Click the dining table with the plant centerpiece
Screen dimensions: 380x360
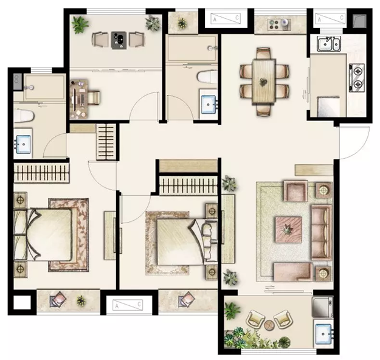(263, 81)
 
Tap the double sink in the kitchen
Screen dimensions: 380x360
(330, 44)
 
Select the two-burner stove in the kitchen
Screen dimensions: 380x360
(356, 78)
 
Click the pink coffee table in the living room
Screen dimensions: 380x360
(288, 229)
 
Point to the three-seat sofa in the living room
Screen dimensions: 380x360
(322, 232)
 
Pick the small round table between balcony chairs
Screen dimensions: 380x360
(269, 325)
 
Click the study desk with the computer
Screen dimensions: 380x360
(78, 99)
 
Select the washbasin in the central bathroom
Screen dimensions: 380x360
(208, 104)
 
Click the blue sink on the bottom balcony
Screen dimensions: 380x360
(323, 334)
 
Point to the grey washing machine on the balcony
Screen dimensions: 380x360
(323, 307)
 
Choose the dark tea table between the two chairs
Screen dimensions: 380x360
(119, 40)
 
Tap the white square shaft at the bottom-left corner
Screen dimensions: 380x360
(22, 302)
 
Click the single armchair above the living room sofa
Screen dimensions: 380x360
(295, 190)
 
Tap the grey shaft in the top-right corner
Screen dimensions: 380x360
(359, 21)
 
